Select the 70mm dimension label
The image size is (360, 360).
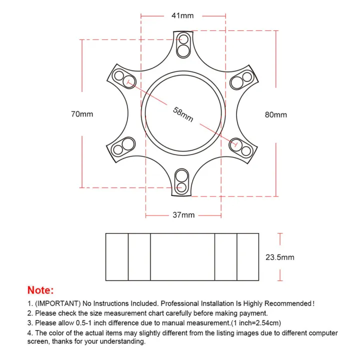pyautogui.click(x=82, y=114)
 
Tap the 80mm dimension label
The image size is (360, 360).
pyautogui.click(x=276, y=114)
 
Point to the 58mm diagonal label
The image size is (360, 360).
pyautogui.click(x=183, y=114)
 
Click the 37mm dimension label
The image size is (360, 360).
pyautogui.click(x=183, y=215)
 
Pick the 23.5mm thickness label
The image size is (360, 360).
pyautogui.click(x=279, y=257)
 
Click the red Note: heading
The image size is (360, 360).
pyautogui.click(x=40, y=290)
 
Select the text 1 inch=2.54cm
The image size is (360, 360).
pyautogui.click(x=258, y=323)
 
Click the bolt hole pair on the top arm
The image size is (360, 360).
pyautogui.click(x=183, y=44)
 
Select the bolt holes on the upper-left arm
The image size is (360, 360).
pyautogui.click(x=124, y=78)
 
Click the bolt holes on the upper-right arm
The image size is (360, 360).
pyautogui.click(x=242, y=79)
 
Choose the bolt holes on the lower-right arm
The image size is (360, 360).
pyautogui.click(x=241, y=147)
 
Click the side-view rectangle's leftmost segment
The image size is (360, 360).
pyautogui.click(x=117, y=256)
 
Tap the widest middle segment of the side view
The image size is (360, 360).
pyautogui.click(x=182, y=256)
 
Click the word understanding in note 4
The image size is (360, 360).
pyautogui.click(x=120, y=342)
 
